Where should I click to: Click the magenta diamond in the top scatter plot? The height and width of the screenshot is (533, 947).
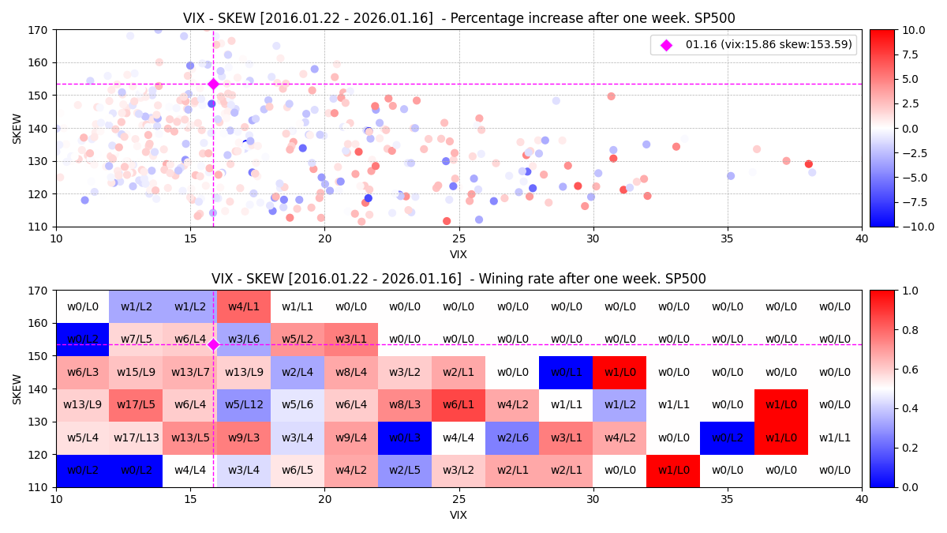click(213, 84)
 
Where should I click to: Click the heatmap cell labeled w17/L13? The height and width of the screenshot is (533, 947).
click(136, 437)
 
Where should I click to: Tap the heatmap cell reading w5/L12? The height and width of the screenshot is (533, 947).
click(244, 405)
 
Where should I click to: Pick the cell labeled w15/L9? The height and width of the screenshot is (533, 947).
click(136, 372)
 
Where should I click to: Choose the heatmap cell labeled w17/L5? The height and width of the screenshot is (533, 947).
click(136, 405)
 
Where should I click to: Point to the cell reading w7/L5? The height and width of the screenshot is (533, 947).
click(136, 340)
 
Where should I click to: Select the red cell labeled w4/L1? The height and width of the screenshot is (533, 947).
click(244, 306)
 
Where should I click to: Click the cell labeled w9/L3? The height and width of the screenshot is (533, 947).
click(244, 437)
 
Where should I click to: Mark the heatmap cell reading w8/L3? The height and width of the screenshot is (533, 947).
click(405, 405)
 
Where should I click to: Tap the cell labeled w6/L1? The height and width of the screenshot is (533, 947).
click(459, 405)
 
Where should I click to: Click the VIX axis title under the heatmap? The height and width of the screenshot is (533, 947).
click(459, 516)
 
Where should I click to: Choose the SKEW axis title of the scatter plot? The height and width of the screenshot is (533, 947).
click(17, 128)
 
